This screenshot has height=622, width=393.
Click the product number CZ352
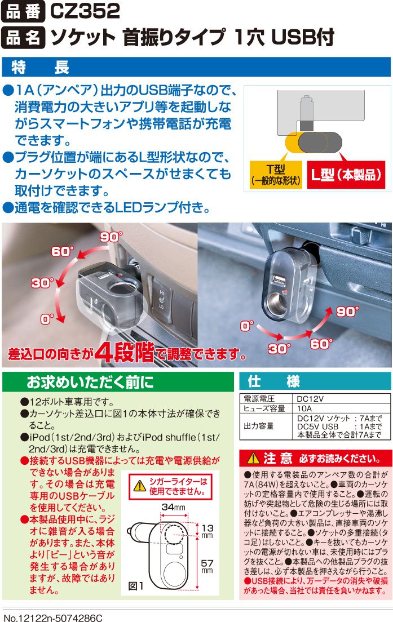click(x=85, y=11)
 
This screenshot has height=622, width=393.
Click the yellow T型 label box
click(x=276, y=175)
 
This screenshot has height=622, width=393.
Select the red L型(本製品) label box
click(x=346, y=175)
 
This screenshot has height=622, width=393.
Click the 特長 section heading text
click(x=40, y=67)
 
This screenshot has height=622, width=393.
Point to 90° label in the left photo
click(x=111, y=237)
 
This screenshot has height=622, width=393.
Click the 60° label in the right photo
click(x=321, y=344)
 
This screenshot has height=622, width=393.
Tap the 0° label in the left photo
click(x=47, y=319)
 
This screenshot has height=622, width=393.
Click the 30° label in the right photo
click(x=279, y=349)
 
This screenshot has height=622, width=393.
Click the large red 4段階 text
click(x=124, y=352)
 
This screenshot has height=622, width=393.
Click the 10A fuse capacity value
click(x=304, y=408)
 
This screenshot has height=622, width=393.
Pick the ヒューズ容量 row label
click(x=264, y=408)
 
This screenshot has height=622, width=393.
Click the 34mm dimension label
click(x=174, y=507)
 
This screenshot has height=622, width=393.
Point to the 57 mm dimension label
click(x=207, y=566)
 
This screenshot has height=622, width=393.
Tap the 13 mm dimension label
click(x=207, y=531)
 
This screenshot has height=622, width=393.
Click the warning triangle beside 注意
click(x=253, y=459)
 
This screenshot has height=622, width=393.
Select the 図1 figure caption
click(x=136, y=586)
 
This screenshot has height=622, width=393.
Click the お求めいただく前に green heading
click(x=90, y=382)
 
